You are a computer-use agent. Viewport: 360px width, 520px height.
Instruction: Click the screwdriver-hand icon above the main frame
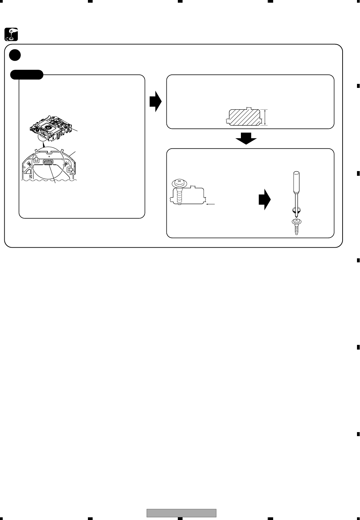coord(11,34)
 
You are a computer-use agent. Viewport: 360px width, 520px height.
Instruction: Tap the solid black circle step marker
coord(15,55)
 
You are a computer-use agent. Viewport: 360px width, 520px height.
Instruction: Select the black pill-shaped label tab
coord(27,74)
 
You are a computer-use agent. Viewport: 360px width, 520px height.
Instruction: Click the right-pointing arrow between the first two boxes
coord(156,102)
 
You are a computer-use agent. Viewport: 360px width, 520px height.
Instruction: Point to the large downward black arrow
coord(246,138)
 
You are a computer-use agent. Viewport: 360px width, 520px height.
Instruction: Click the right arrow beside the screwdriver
coord(264,200)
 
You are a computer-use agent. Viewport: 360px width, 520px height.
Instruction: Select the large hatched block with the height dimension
coord(244,117)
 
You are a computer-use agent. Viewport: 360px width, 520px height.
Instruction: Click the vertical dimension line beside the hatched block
coord(265,117)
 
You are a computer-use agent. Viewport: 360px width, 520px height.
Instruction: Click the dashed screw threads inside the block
coord(179,197)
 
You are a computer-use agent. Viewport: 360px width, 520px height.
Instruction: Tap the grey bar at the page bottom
coord(182,513)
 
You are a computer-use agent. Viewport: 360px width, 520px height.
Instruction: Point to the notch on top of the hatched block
coord(248,108)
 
